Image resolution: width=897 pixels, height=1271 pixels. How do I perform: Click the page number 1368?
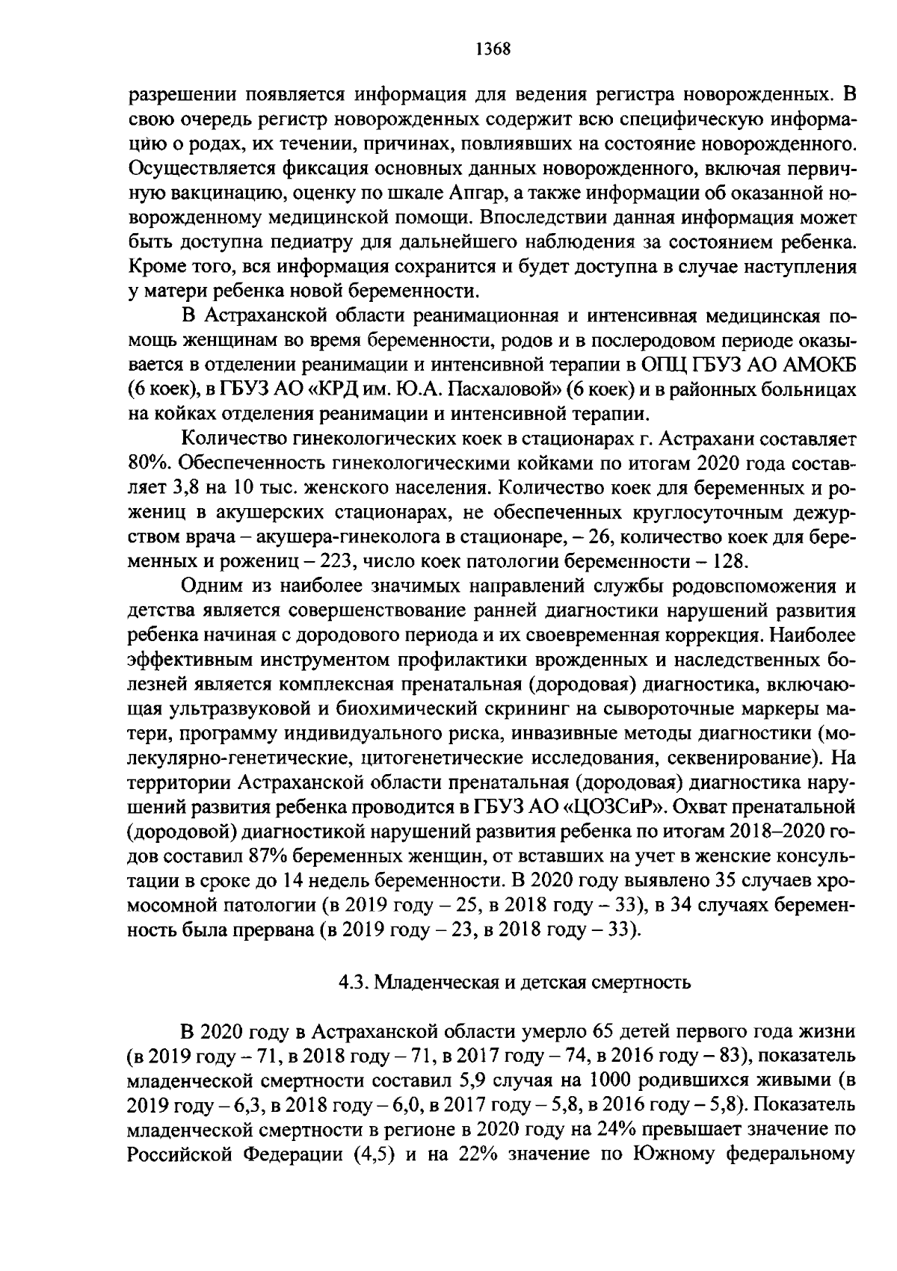pos(492,49)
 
